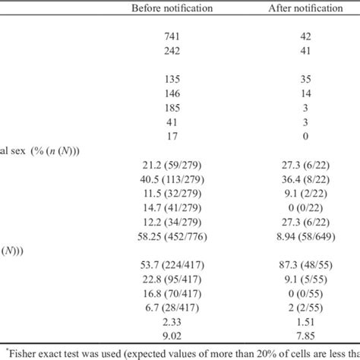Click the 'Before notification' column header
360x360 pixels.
pos(172,8)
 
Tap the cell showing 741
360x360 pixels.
pos(172,36)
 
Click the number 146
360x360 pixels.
pos(172,93)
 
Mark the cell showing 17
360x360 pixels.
pos(172,136)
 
